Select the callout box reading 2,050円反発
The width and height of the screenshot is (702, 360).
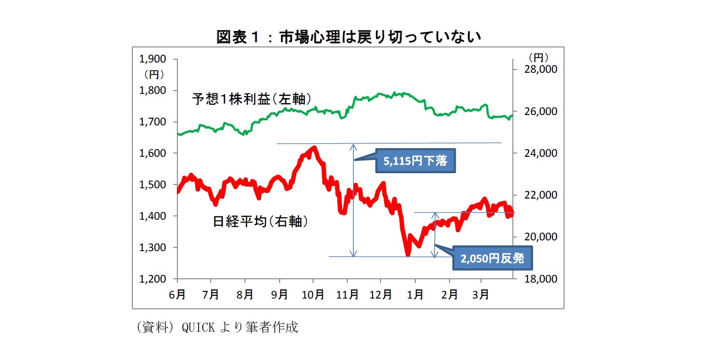pos(492,259)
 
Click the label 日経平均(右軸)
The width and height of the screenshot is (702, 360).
pos(260,222)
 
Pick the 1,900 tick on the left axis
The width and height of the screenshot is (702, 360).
pos(153,59)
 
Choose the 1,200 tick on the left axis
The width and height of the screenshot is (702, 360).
pos(153,279)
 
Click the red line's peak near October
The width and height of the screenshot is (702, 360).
pos(313,148)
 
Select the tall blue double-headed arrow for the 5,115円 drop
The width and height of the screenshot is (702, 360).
pos(353,199)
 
